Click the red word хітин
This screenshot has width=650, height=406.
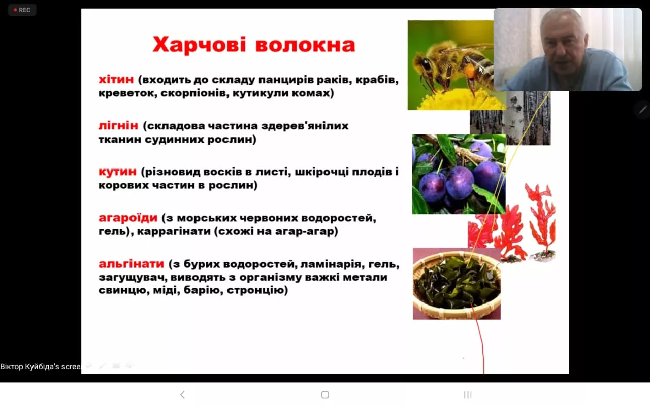pyautogui.click(x=116, y=80)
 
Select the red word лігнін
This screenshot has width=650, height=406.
pyautogui.click(x=118, y=126)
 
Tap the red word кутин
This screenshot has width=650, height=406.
pyautogui.click(x=117, y=172)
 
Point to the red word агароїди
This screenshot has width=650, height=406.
pyautogui.click(x=128, y=218)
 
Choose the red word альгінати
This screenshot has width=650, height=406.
pyautogui.click(x=131, y=264)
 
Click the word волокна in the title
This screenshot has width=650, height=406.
pyautogui.click(x=305, y=45)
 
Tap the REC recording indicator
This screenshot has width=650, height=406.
pyautogui.click(x=22, y=10)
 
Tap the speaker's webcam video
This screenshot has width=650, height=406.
pyautogui.click(x=567, y=49)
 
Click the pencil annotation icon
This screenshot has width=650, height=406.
pyautogui.click(x=643, y=109)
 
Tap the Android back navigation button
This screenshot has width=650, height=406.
pyautogui.click(x=183, y=395)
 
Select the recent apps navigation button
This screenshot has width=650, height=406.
pyautogui.click(x=468, y=395)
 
